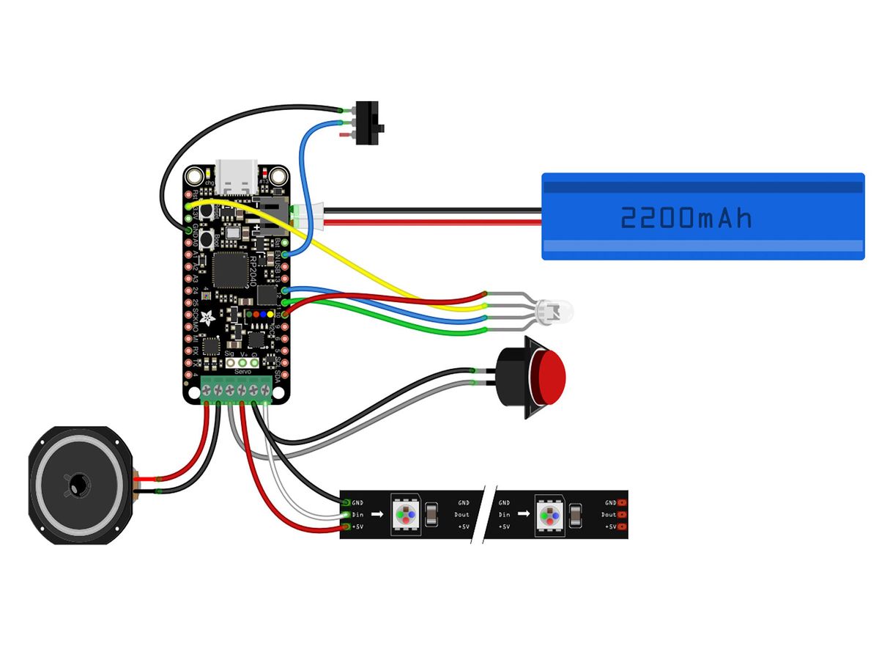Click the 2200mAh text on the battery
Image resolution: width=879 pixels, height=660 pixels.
click(686, 218)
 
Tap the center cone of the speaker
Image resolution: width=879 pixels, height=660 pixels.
click(76, 485)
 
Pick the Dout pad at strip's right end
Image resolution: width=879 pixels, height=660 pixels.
click(621, 515)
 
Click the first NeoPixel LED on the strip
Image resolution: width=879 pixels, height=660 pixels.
click(404, 515)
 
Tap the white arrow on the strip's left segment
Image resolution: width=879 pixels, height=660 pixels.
click(377, 515)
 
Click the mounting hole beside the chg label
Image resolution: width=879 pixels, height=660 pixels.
click(194, 177)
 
